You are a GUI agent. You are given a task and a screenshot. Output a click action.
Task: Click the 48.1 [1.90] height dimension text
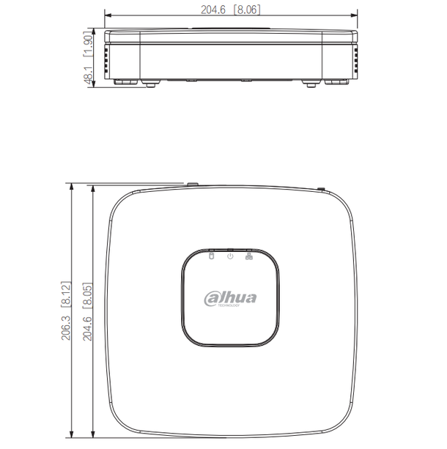tap(89, 58)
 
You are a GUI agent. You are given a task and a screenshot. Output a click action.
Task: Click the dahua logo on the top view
tap(230, 297)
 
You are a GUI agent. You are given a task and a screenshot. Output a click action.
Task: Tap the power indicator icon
tap(230, 256)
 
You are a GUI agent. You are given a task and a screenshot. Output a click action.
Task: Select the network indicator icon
tap(248, 256)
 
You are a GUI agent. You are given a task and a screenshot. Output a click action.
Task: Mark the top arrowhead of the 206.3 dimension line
tap(72, 188)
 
